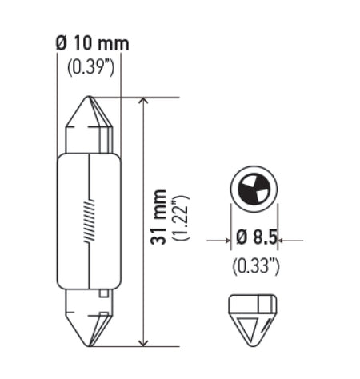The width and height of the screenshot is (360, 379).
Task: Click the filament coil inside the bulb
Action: (x=88, y=222)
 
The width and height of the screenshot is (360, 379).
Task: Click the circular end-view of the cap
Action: (x=254, y=189)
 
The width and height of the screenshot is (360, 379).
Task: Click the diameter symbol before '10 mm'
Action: (x=62, y=42)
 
